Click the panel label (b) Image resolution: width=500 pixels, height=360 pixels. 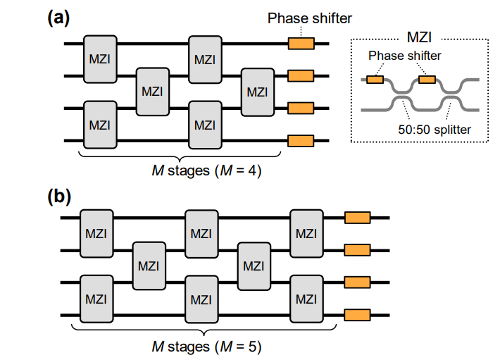tap(58, 195)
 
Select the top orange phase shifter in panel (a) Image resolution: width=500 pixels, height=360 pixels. tap(301, 44)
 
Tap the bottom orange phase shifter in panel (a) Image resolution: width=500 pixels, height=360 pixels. tap(301, 140)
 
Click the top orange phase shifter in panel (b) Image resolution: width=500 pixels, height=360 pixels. tap(357, 218)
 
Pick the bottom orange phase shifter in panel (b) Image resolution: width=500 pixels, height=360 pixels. tap(357, 314)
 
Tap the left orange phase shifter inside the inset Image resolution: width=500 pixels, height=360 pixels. tap(375, 80)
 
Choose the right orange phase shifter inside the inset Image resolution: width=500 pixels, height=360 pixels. tap(427, 80)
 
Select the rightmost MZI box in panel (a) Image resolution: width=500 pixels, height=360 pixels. tap(257, 91)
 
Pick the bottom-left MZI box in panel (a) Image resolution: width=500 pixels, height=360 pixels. tap(99, 125)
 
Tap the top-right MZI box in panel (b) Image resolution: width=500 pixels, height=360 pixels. tap(306, 232)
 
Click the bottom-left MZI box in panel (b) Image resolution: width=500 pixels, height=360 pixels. tap(95, 299)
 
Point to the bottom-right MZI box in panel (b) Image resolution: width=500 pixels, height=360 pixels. tap(306, 299)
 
